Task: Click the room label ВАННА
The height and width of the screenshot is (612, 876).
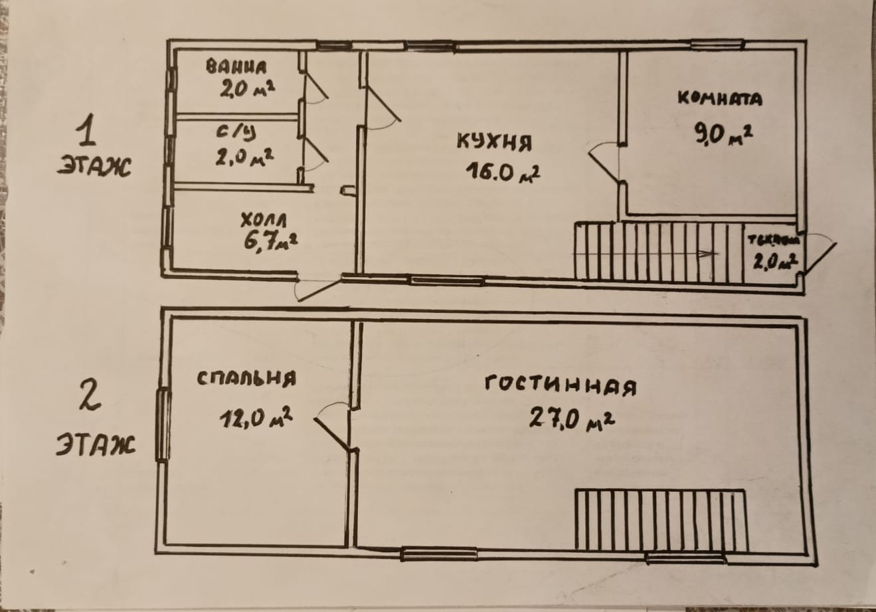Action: pos(236,67)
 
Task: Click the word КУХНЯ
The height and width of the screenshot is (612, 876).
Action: pos(494,142)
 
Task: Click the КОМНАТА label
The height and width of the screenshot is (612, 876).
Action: pos(719,99)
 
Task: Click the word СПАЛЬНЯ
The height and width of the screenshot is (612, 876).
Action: pos(246,379)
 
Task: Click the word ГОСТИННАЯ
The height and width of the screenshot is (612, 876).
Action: pos(561,385)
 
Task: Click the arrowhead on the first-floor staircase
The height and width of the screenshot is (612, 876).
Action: pos(711,254)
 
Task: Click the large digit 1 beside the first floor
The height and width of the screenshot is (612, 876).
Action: pos(86,131)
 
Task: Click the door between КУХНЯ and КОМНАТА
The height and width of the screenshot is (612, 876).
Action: pos(604,162)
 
